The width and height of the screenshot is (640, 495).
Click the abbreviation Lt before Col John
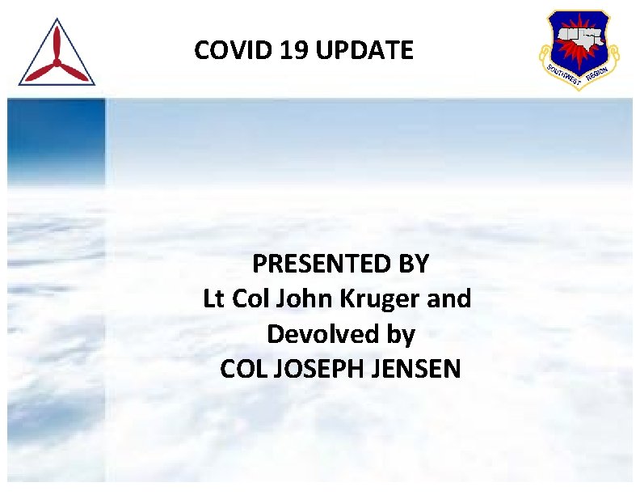[214, 298]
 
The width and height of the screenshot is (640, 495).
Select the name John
[299, 298]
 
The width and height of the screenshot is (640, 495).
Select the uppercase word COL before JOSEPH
[245, 369]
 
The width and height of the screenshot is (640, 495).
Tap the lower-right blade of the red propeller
[74, 72]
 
